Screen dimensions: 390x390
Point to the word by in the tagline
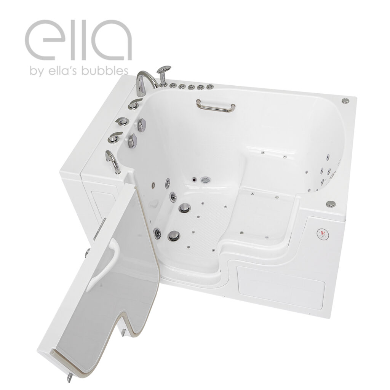click(35, 71)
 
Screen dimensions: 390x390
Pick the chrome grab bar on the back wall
click(216, 107)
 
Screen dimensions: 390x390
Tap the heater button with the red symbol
click(322, 234)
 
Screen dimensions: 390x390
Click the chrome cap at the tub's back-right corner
click(345, 101)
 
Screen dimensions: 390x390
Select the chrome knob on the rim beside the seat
click(331, 204)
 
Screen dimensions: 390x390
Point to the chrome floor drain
click(205, 180)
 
